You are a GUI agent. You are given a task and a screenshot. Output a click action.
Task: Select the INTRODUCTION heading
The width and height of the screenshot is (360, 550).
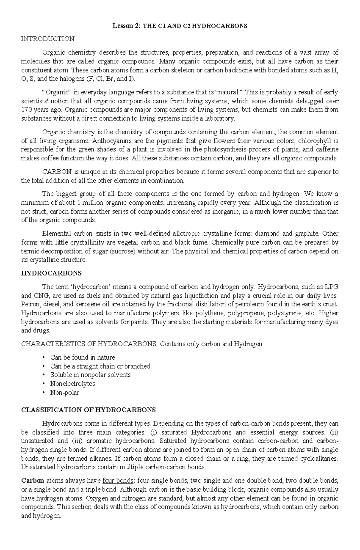tap(48, 39)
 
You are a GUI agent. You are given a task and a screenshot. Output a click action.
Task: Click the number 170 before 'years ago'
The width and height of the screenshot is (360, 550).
tap(26, 110)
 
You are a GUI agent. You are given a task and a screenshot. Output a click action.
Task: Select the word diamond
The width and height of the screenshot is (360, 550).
tap(265, 233)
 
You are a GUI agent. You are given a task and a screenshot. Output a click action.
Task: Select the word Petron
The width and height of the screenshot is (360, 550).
tap(30, 304)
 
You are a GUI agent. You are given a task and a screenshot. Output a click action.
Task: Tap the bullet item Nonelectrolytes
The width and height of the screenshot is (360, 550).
tap(73, 384)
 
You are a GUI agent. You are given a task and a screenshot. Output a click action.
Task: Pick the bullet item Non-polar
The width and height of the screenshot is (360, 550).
tap(65, 393)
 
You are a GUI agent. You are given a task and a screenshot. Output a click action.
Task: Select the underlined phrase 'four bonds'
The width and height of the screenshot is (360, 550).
tap(118, 481)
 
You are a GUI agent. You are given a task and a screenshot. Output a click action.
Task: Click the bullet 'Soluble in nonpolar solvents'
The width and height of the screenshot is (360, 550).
tap(90, 375)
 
